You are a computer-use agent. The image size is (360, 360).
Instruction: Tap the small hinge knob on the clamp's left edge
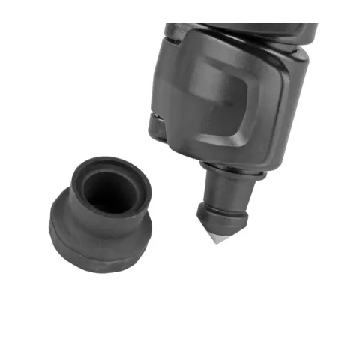(155, 127)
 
